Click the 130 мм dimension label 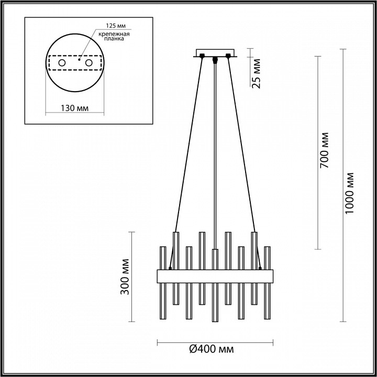point(74,108)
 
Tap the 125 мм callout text point(116,26)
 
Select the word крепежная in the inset point(114,34)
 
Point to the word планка point(114,39)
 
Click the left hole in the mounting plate point(62,63)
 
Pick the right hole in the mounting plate point(88,63)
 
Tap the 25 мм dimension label point(256,74)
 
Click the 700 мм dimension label point(324,150)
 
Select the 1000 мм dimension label point(349,193)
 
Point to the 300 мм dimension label point(125,277)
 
